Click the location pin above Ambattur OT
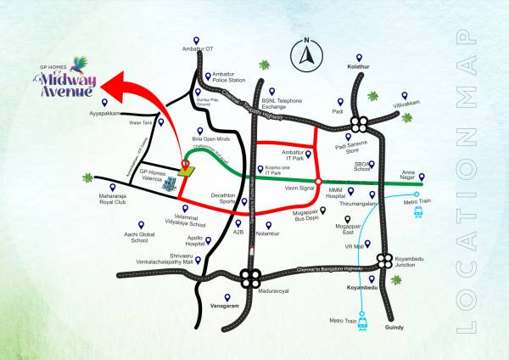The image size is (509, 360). pos(196,39)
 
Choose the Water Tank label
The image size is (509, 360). pos(140,122)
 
